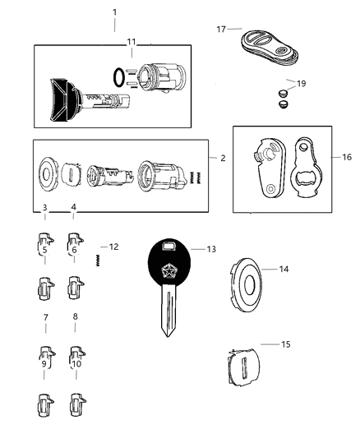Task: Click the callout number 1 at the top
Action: click(x=114, y=12)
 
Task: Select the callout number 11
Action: click(x=132, y=41)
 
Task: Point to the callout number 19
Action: click(x=301, y=84)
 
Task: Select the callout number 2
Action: click(x=223, y=157)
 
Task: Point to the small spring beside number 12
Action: click(x=97, y=260)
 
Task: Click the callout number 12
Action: click(x=113, y=247)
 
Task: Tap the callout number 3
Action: click(x=45, y=207)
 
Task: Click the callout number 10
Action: click(x=76, y=364)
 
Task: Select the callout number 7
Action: click(x=45, y=316)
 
